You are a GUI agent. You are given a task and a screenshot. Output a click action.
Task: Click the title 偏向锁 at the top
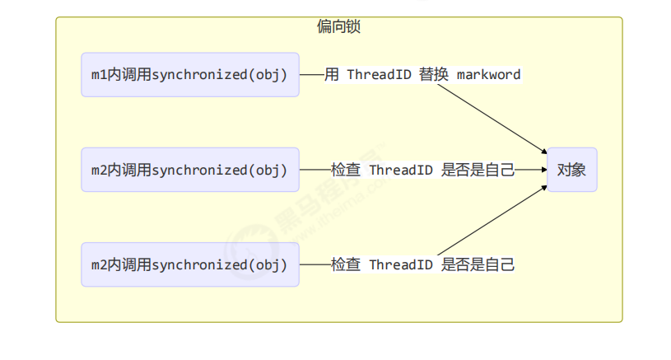338,26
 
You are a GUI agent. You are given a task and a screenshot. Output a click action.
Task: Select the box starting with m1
190,75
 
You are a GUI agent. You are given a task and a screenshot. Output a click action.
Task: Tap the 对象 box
571,170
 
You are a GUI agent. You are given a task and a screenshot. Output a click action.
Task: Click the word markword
489,75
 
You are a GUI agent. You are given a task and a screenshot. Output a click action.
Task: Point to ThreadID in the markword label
380,75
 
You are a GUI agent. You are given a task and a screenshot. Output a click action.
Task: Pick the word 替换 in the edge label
434,74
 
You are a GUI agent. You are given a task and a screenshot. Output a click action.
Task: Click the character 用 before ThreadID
332,74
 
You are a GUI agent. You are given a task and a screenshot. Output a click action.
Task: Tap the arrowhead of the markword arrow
544,151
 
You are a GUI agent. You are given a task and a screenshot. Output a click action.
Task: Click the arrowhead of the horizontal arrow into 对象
544,170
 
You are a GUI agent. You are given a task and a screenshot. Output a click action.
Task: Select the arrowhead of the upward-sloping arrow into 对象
544,187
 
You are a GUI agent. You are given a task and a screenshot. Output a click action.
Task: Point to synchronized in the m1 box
200,75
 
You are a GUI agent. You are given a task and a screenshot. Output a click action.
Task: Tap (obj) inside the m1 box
268,75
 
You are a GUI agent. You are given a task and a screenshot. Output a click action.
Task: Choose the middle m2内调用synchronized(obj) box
190,170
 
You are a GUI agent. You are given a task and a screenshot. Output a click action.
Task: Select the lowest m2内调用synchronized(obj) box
190,265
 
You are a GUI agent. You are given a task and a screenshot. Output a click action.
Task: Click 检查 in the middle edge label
346,170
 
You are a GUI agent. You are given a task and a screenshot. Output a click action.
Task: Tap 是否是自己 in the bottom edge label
478,265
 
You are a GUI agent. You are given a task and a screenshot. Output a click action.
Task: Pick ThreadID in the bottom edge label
402,265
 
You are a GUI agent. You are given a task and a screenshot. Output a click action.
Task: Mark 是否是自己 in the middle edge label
478,170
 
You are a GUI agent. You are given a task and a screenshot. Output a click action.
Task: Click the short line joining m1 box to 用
312,75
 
